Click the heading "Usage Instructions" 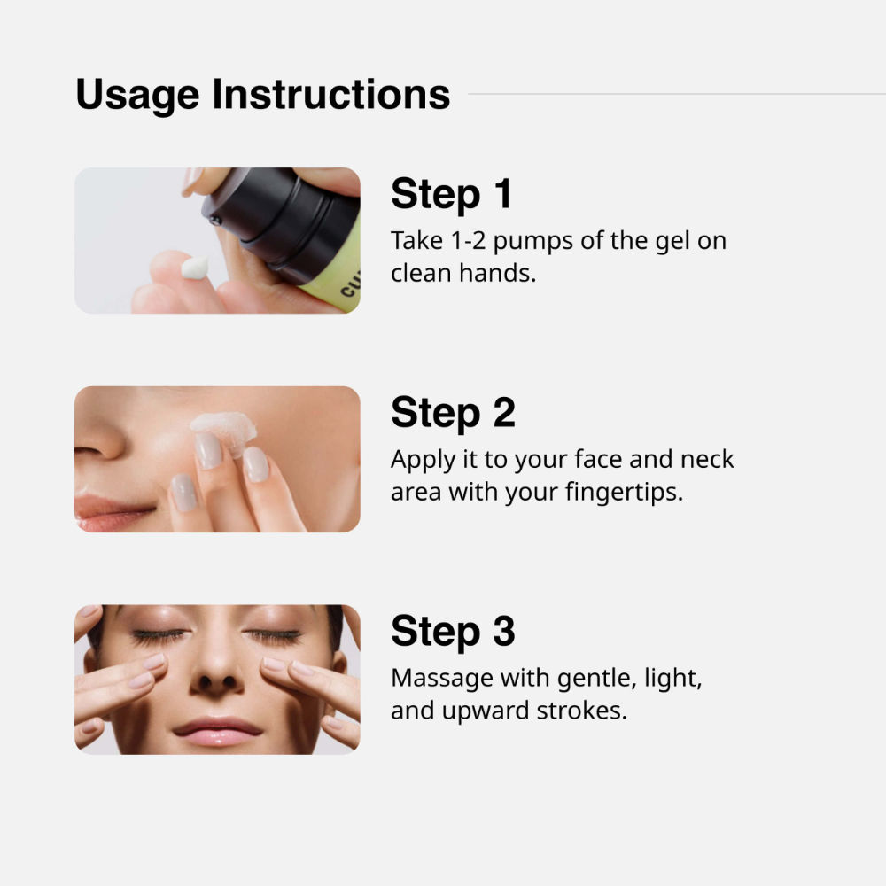coord(262,94)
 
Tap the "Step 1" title coord(452,194)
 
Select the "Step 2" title coord(453,412)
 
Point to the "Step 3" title coord(453,631)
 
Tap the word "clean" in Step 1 coord(422,273)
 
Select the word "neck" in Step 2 coord(707,459)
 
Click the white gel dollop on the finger coord(194,266)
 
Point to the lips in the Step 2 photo coord(111,512)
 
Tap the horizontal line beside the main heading coord(673,93)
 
